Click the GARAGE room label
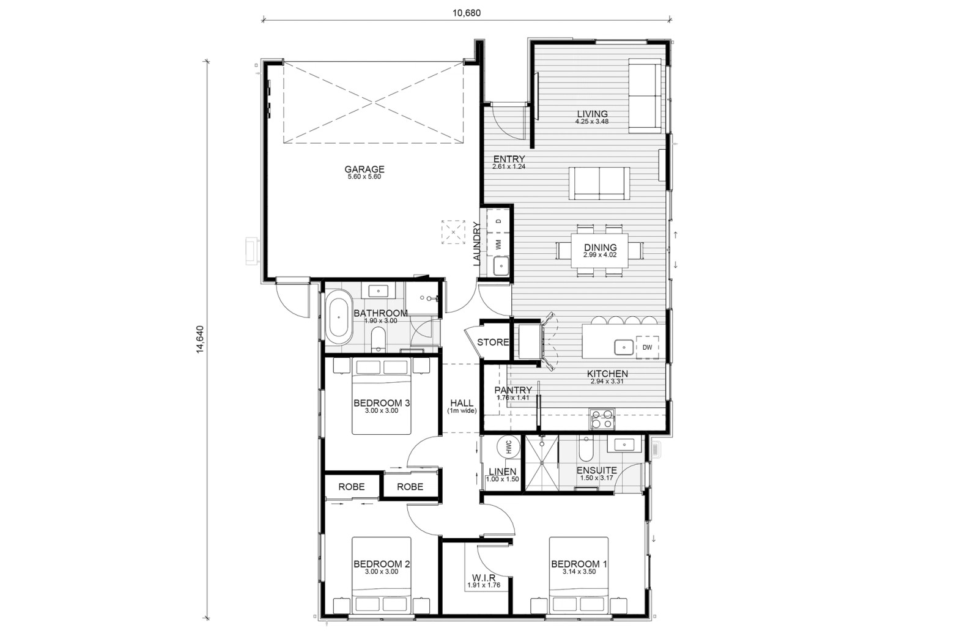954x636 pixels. (364, 169)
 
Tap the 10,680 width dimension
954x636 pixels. (467, 13)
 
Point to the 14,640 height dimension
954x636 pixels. (200, 339)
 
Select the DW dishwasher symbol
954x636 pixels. (647, 347)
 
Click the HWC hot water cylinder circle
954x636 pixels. (509, 447)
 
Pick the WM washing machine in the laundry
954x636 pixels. (498, 245)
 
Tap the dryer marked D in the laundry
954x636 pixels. (498, 221)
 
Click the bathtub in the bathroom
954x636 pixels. (339, 317)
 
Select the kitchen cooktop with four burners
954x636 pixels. (602, 419)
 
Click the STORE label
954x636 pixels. (493, 342)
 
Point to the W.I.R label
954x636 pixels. (484, 578)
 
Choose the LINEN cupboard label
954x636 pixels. (503, 471)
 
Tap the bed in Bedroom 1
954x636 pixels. (579, 575)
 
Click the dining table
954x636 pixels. (600, 251)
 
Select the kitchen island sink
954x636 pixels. (624, 347)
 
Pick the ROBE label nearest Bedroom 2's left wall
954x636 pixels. (352, 486)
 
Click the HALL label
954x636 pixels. (462, 403)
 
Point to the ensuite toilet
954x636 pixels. (586, 449)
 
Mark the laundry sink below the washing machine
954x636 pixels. (501, 266)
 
